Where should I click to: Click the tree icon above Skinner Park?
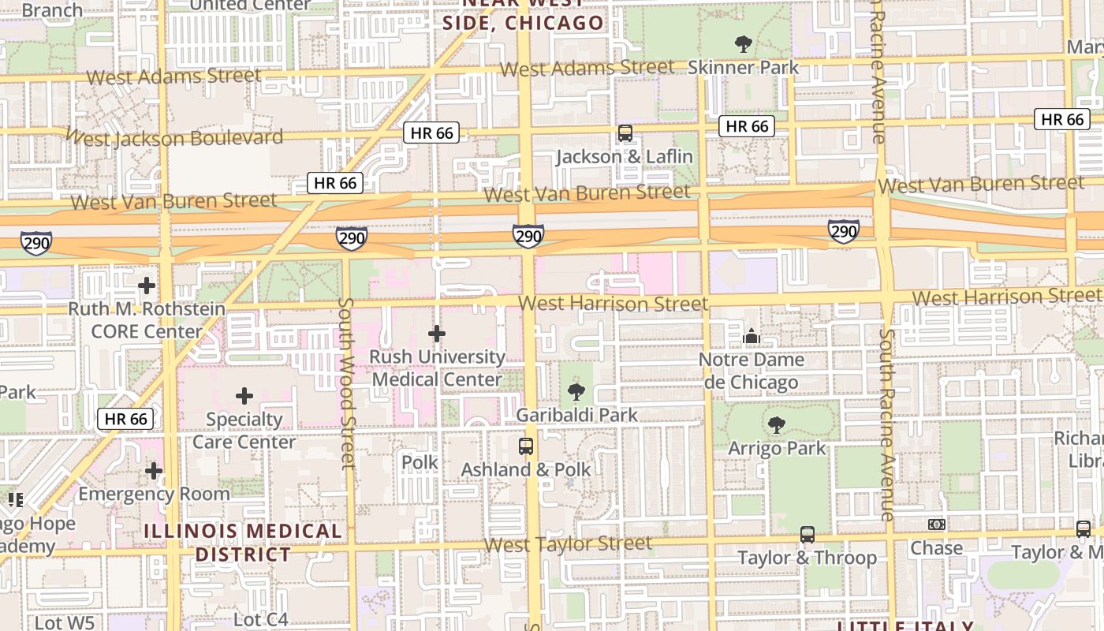tap(742, 43)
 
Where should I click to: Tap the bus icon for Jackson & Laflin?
tap(625, 133)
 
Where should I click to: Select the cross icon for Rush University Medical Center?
tap(436, 334)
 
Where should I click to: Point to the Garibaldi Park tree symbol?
tap(576, 391)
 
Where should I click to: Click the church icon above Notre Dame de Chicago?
tap(751, 337)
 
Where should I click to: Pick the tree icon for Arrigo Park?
tap(777, 425)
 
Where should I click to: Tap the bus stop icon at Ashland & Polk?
tap(526, 446)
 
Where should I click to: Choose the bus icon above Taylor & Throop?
tap(807, 535)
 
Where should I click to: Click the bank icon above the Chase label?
tap(936, 525)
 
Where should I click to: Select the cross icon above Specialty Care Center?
tap(244, 396)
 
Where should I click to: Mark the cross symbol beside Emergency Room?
tap(154, 472)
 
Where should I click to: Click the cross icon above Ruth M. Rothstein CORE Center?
tap(147, 286)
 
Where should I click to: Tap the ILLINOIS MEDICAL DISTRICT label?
tap(244, 543)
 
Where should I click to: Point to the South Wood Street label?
tap(346, 383)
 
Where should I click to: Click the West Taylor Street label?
tap(568, 544)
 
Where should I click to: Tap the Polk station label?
tap(420, 462)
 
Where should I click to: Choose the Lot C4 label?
tap(261, 620)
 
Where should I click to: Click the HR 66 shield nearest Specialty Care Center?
tap(125, 419)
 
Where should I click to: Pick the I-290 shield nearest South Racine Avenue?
tap(843, 231)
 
